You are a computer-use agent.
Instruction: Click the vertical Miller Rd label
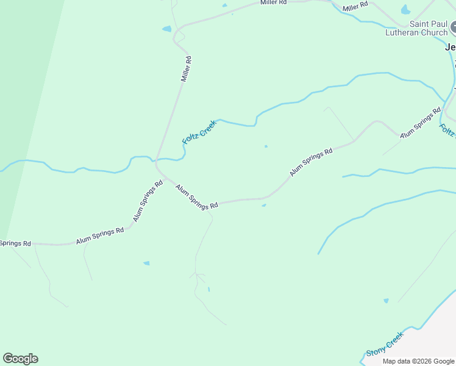(x=187, y=69)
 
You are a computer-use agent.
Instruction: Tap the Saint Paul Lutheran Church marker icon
(x=454, y=28)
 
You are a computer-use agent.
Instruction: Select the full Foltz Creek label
(x=199, y=132)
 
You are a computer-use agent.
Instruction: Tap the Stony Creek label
(x=385, y=344)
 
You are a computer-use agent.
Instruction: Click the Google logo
(x=20, y=359)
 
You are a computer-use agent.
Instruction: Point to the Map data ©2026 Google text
(x=418, y=361)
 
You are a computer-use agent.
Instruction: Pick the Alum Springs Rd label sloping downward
(x=197, y=198)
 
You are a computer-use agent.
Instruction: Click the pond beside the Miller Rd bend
(x=166, y=29)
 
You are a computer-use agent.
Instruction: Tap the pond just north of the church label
(x=405, y=10)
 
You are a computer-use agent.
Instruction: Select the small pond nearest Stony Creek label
(x=386, y=301)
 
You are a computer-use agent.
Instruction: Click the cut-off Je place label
(x=451, y=47)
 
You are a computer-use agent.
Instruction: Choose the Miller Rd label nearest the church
(x=355, y=6)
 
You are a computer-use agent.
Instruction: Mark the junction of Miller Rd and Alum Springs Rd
(x=157, y=163)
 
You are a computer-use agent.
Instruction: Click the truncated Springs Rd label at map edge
(x=15, y=243)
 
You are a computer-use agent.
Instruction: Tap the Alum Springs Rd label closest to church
(x=420, y=123)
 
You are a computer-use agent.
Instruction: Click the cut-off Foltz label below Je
(x=447, y=131)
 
